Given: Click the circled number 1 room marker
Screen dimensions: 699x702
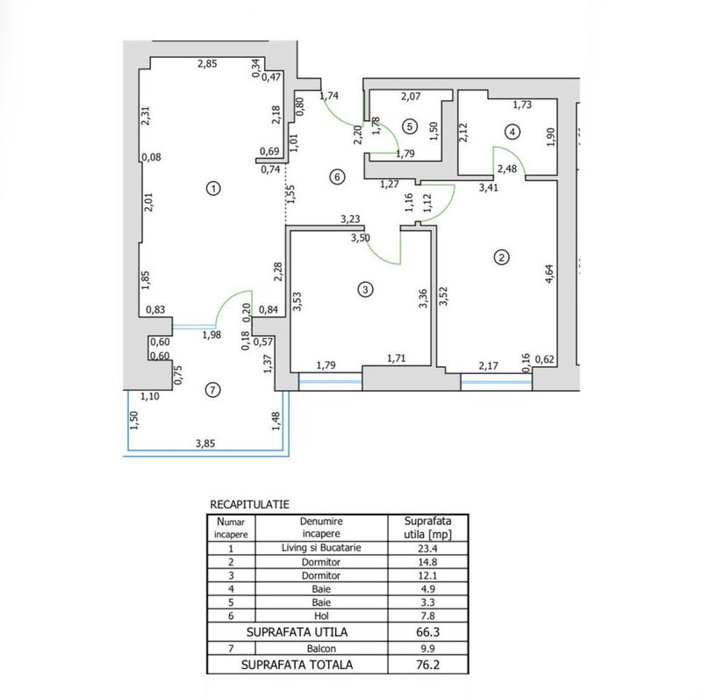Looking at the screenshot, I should tap(211, 187).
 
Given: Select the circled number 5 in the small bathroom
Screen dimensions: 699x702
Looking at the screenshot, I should tap(408, 126).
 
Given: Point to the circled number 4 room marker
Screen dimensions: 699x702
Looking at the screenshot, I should tap(512, 132).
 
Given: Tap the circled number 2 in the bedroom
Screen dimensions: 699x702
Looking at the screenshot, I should tap(501, 257).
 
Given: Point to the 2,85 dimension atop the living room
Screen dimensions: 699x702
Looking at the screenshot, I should tap(207, 64).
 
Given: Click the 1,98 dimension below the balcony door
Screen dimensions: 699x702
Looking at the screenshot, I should tap(211, 335).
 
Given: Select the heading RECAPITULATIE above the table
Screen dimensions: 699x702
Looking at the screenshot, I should tap(251, 505).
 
